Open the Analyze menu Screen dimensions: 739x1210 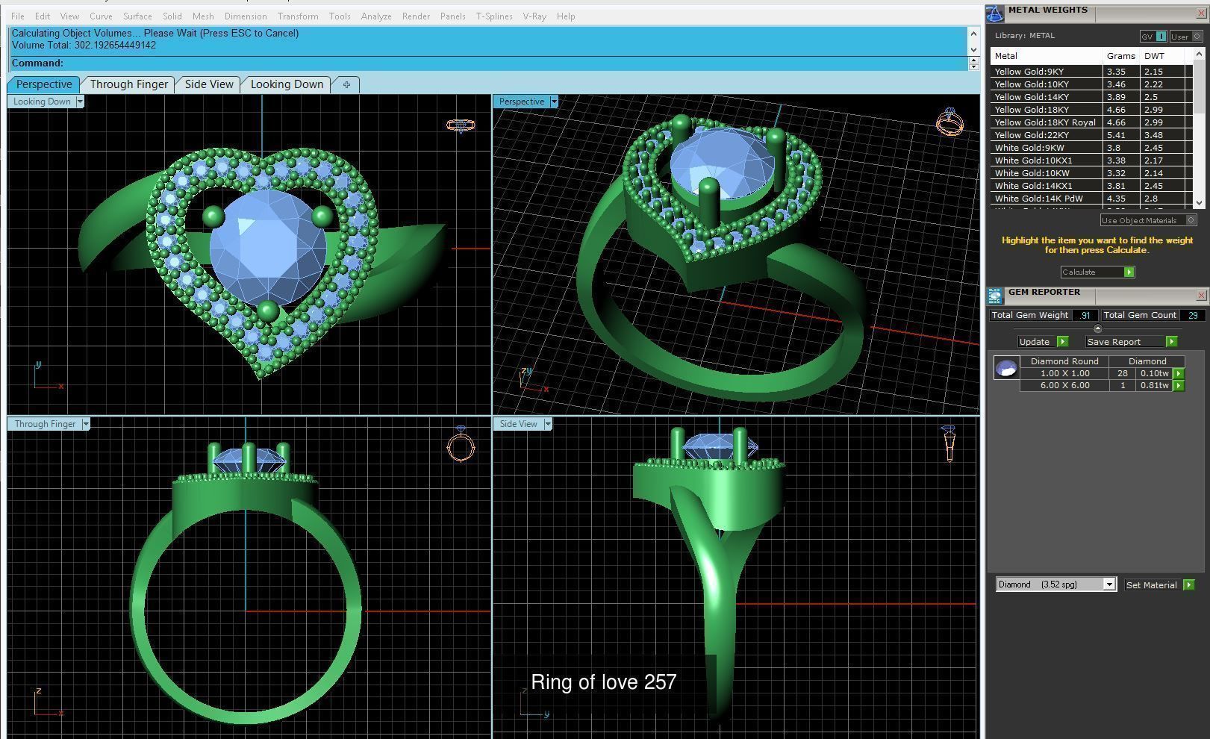[375, 16]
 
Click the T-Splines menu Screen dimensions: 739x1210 [493, 16]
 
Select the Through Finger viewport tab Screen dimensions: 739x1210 [128, 84]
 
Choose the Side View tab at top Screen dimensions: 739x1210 [209, 84]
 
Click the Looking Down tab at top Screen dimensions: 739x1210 [287, 84]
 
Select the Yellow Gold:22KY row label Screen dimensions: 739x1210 [1032, 135]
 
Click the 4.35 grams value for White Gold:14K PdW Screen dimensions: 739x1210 [1116, 199]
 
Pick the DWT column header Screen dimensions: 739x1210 [1154, 56]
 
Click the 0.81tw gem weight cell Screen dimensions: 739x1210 [1154, 386]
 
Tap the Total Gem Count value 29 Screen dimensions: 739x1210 [1192, 315]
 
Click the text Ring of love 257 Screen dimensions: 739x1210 [603, 682]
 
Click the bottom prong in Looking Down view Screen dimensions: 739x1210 [268, 311]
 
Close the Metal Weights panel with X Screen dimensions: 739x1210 [1200, 13]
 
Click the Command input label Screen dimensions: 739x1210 [37, 63]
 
